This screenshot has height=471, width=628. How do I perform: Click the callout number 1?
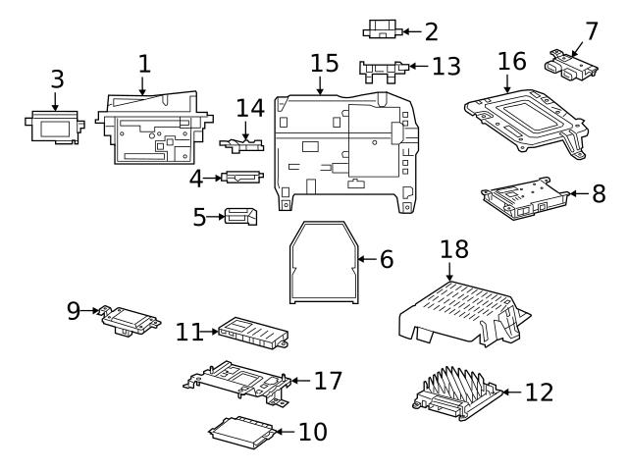tap(144, 65)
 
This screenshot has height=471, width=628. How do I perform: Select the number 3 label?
tap(56, 78)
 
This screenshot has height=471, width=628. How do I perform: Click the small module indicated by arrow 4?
tap(242, 178)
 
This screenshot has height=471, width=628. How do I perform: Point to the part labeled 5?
tap(238, 216)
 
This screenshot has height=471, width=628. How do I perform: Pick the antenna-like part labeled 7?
tap(570, 64)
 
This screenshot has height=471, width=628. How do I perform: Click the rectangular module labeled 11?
tap(251, 334)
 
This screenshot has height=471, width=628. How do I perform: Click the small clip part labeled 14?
tap(249, 109)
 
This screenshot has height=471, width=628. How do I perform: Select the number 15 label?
tap(324, 64)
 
